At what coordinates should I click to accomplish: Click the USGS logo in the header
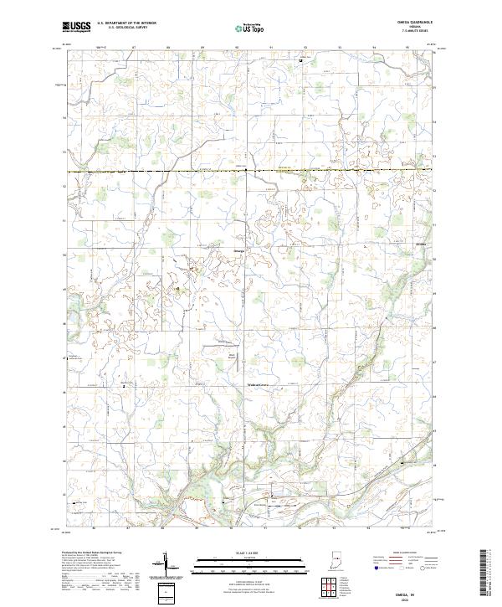pos(77,27)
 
